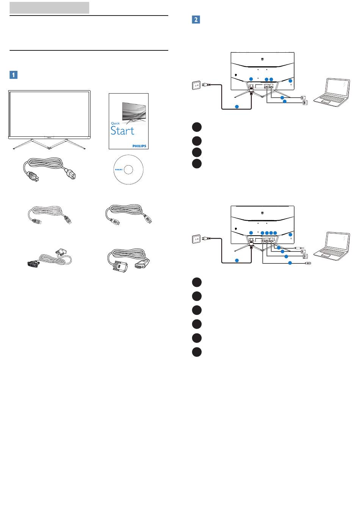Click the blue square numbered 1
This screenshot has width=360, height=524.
[13, 74]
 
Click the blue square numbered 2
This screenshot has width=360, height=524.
[196, 19]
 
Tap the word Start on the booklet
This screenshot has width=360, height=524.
[122, 131]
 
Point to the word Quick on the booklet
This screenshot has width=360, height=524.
[115, 124]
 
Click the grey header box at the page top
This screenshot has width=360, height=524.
[49, 8]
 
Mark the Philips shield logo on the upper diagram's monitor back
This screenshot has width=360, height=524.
[263, 59]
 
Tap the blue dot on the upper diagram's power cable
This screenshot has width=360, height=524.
[237, 106]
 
